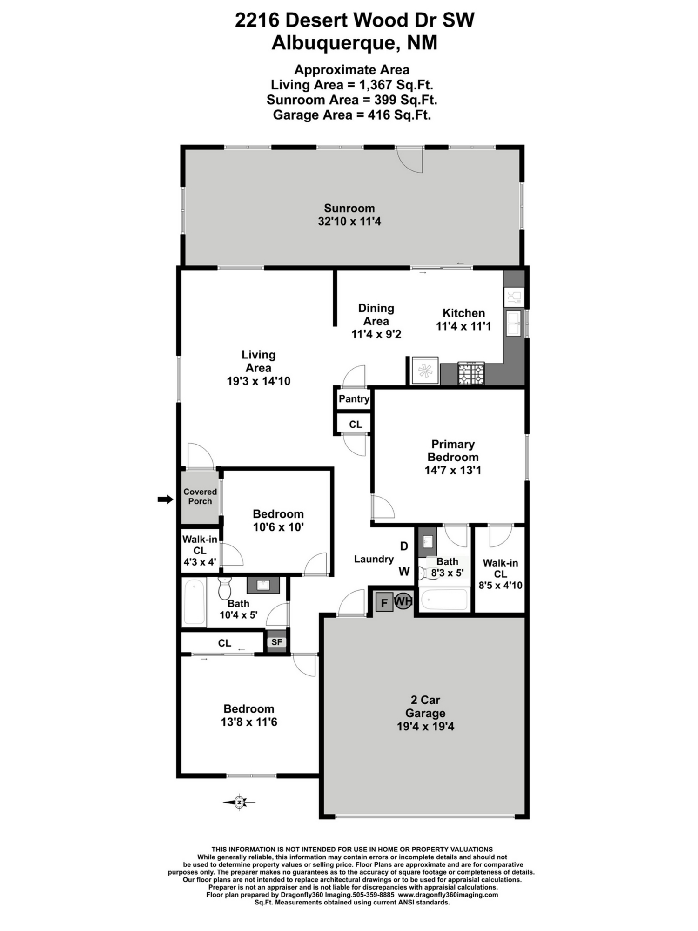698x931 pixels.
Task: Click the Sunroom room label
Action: (349, 208)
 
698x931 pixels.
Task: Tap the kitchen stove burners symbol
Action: (471, 374)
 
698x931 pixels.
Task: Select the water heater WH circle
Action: (403, 601)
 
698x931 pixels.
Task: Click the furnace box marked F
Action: (384, 603)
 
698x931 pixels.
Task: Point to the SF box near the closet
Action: (276, 642)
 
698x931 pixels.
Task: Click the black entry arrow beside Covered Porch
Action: (165, 499)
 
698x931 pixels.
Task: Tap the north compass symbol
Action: (239, 802)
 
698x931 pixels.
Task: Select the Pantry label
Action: (354, 399)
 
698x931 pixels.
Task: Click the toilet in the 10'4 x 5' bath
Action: (225, 589)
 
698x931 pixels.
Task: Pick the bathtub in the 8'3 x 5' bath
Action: (443, 600)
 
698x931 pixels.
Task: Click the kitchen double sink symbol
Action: (514, 324)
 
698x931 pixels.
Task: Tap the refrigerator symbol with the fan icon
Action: (424, 371)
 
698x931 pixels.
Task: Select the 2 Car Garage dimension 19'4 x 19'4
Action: (425, 726)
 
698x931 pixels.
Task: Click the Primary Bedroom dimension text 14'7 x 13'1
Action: (453, 470)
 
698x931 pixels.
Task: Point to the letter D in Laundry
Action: (404, 546)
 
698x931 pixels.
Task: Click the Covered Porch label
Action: (200, 496)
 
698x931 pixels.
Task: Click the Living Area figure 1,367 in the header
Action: (376, 85)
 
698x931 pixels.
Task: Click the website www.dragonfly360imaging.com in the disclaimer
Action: (448, 894)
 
